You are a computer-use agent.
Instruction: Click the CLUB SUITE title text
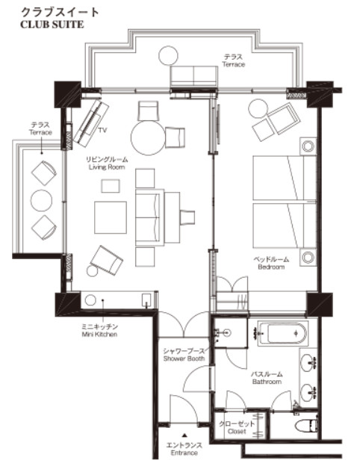(x=52, y=24)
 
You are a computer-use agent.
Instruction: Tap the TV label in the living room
(x=102, y=130)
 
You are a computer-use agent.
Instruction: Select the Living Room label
(x=107, y=167)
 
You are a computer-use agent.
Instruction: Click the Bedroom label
(x=271, y=267)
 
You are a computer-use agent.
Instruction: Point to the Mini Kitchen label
(x=99, y=335)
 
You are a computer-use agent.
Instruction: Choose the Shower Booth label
(x=184, y=358)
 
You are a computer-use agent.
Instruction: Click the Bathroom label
(x=267, y=382)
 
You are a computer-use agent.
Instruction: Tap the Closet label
(x=237, y=431)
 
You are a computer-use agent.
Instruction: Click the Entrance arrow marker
(x=184, y=435)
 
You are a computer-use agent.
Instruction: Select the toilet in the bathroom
(x=306, y=425)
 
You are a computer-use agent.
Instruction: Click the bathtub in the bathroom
(x=283, y=334)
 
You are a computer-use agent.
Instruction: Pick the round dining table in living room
(x=148, y=137)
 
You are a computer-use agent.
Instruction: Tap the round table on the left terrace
(x=41, y=201)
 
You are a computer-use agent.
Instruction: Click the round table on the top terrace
(x=168, y=55)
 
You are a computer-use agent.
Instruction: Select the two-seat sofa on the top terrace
(x=194, y=76)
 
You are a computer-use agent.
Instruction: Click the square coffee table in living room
(x=111, y=217)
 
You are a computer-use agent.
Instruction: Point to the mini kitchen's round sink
(x=90, y=300)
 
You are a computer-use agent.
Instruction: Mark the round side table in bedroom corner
(x=258, y=108)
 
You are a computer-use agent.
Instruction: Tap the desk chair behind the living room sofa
(x=187, y=217)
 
